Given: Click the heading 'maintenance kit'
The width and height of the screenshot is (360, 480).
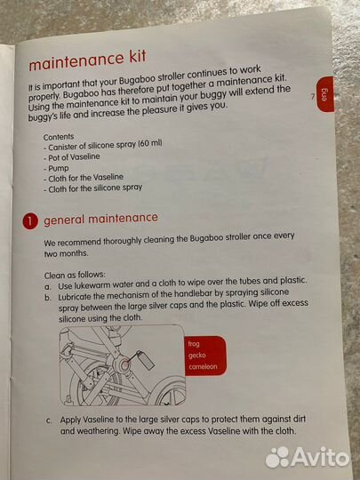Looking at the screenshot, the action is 87,60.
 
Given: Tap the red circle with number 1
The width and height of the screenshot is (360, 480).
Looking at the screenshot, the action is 30,221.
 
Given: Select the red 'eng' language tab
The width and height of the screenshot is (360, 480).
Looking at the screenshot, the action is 325,94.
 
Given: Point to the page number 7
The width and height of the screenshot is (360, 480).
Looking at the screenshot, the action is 313,97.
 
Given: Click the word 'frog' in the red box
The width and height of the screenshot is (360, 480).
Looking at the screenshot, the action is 194,344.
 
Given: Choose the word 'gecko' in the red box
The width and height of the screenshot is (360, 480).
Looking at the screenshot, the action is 197,356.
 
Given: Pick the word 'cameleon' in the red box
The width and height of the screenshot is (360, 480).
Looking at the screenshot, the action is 203,366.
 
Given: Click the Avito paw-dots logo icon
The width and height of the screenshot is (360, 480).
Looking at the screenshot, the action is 277,458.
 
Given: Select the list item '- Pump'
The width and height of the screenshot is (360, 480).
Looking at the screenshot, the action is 56,168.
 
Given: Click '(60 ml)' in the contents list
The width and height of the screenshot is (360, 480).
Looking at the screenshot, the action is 150,143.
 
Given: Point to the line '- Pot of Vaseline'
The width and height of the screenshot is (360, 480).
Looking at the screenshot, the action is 72,157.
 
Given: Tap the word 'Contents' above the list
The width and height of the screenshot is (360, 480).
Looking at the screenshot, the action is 59,137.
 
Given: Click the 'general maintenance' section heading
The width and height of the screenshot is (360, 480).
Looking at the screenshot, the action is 100,219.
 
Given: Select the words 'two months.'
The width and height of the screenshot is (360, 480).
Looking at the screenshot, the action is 66,253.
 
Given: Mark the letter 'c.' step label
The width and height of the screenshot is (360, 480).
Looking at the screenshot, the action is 49,420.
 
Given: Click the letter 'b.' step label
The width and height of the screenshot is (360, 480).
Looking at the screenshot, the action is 47,298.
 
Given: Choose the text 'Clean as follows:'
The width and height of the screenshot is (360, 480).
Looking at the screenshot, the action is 75,275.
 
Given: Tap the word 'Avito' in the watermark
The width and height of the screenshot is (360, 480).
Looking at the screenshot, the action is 320,458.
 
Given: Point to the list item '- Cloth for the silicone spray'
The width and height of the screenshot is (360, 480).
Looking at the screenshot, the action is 92,188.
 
